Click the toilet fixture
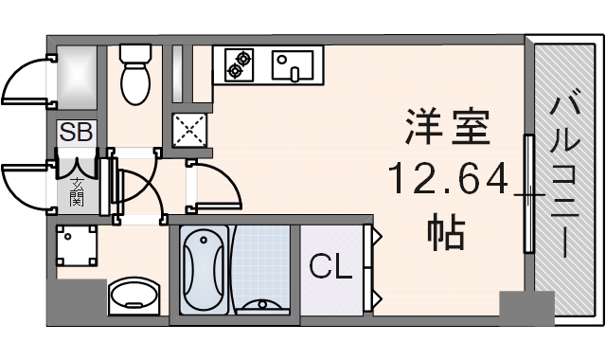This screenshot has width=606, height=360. (134, 74)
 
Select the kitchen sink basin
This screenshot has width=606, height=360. (293, 65)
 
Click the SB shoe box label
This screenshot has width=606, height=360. (76, 132)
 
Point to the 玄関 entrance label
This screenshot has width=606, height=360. (77, 192)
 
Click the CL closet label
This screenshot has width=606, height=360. (330, 266)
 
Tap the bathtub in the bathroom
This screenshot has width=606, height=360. (204, 270)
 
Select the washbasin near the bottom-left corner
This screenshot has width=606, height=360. (134, 296)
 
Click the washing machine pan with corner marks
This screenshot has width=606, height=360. (76, 246)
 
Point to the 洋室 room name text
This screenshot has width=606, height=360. (448, 127)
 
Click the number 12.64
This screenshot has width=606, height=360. (448, 179)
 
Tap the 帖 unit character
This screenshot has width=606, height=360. (446, 231)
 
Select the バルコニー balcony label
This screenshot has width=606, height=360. (565, 177)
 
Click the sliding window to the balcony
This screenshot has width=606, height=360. (528, 193)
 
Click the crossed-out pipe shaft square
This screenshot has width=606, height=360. (189, 130)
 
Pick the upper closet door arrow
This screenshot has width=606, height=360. (377, 235)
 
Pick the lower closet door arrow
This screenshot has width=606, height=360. (377, 298)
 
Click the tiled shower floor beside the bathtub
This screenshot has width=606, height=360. (261, 267)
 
